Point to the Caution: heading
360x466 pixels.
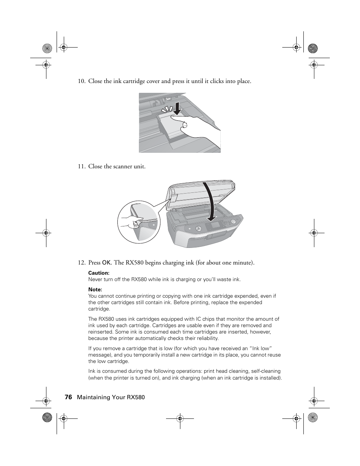point(99,273)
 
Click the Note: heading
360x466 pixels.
point(95,289)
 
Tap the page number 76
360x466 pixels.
point(68,397)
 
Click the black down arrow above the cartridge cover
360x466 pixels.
point(175,108)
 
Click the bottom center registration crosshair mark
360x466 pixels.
point(180,418)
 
